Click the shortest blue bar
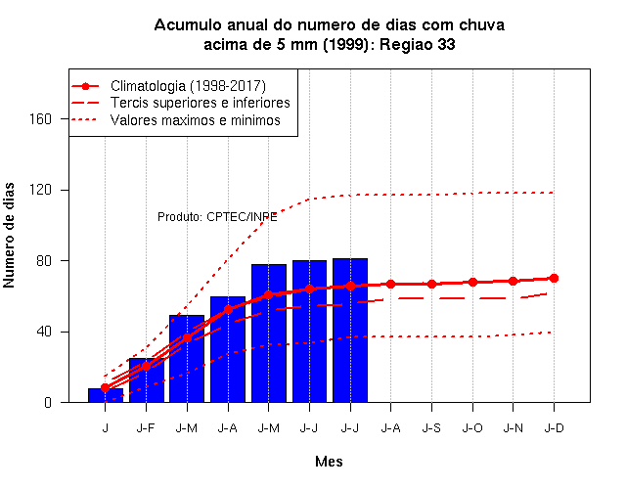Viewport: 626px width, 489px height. [106, 395]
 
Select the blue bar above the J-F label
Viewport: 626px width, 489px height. [147, 380]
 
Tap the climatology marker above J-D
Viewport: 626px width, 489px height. [554, 278]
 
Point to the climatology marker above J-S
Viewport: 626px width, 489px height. [431, 285]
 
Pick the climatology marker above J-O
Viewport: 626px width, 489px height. [472, 283]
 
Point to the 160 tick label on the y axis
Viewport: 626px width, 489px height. [41, 119]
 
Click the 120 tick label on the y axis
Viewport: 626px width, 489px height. [41, 190]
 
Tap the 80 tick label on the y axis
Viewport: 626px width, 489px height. [44, 261]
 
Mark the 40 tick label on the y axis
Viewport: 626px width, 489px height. [44, 332]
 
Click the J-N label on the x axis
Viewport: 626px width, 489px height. [513, 428]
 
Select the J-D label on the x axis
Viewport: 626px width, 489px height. [555, 428]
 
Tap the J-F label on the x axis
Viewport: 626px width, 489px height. [146, 428]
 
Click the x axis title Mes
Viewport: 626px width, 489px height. [329, 462]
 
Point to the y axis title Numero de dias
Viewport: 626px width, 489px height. [9, 236]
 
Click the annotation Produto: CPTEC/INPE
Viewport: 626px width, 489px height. [217, 217]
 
